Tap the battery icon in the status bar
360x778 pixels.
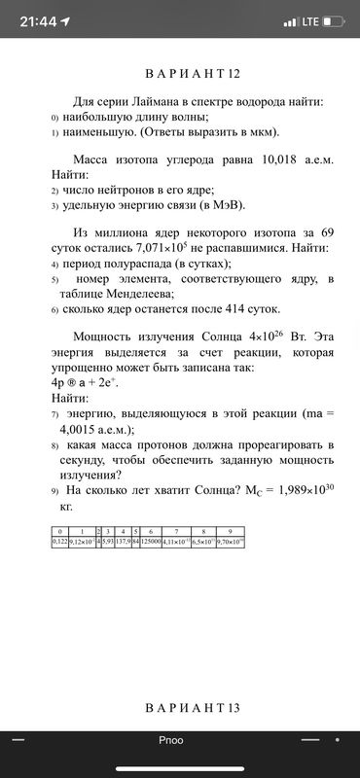[334, 21]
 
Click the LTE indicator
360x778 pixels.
[310, 21]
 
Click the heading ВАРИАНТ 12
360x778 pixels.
[180, 74]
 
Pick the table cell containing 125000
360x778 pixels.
[151, 540]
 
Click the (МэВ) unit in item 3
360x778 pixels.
[226, 205]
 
